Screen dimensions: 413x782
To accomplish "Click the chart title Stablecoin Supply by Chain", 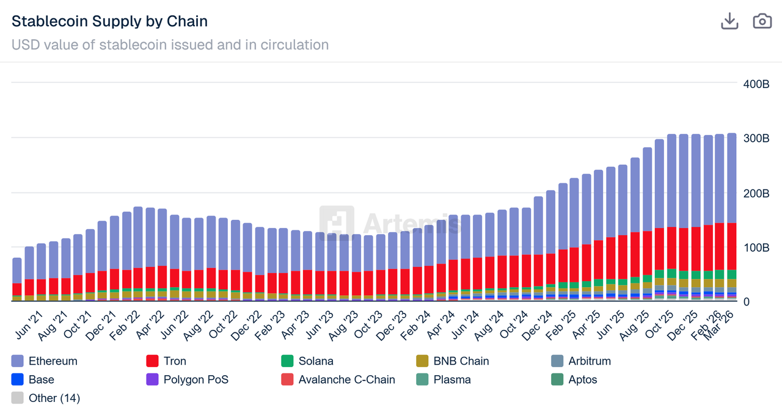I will [110, 21].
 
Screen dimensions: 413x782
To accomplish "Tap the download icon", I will [729, 21].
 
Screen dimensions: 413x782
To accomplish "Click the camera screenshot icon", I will [762, 21].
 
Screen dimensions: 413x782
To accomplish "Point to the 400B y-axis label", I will [756, 84].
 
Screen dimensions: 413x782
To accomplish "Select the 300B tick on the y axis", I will [756, 139].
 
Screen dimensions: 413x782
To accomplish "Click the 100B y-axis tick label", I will [756, 247].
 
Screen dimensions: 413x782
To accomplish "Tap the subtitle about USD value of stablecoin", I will [170, 45].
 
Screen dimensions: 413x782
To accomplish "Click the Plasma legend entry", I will [451, 379].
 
